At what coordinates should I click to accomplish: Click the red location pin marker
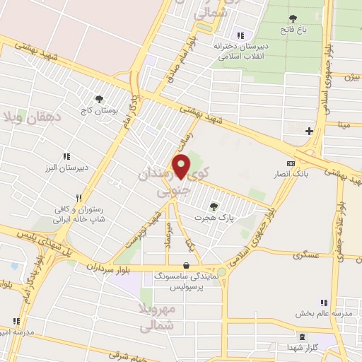[182, 165]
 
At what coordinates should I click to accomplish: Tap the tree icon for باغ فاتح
[292, 18]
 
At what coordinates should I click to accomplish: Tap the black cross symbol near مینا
[308, 131]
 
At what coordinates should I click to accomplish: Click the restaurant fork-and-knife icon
[80, 199]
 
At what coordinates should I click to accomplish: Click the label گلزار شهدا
[303, 349]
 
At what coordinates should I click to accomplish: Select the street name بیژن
[352, 76]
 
